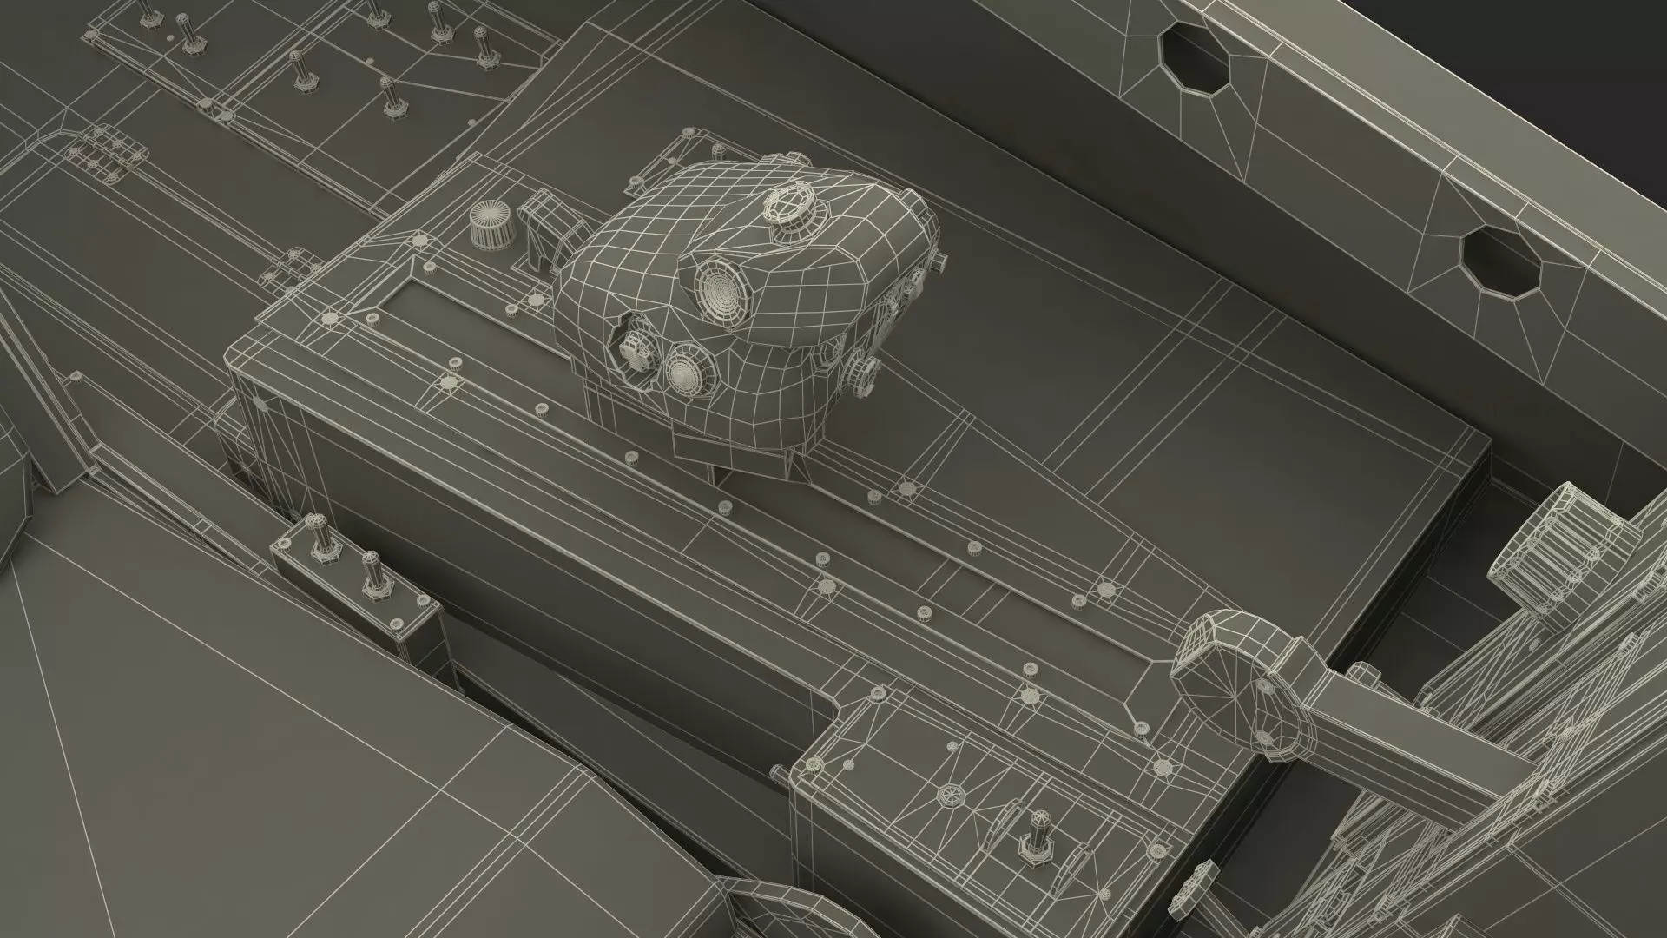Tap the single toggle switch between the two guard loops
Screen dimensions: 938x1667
pyautogui.click(x=1036, y=835)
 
